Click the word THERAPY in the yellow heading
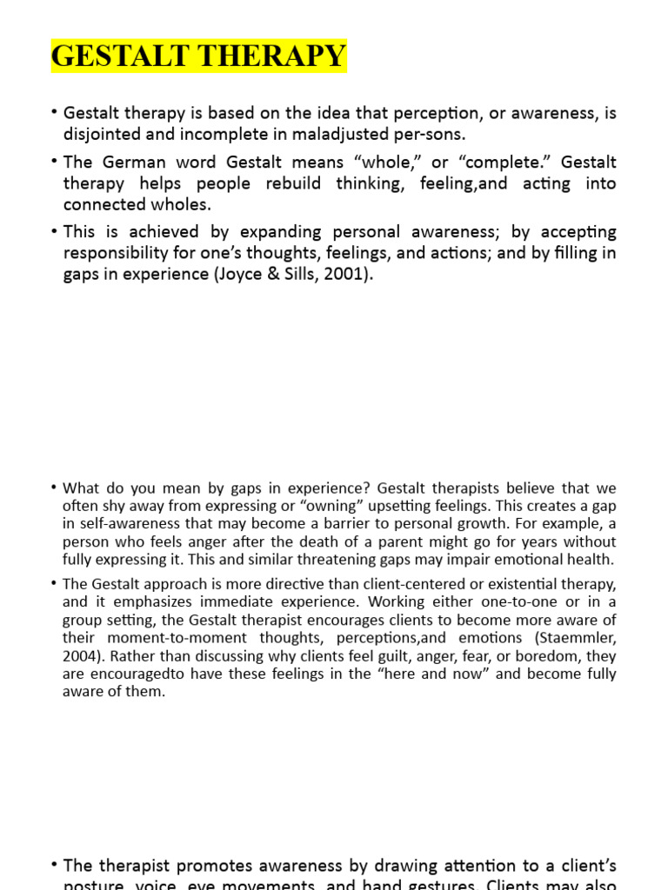[x=273, y=56]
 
